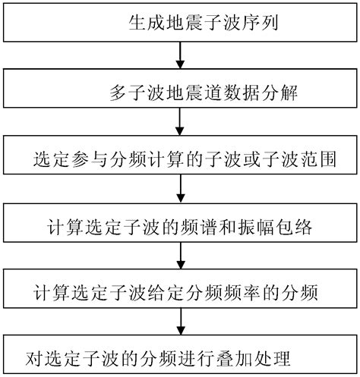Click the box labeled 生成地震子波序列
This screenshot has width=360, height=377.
[x=179, y=22]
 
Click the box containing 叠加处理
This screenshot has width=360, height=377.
[x=179, y=354]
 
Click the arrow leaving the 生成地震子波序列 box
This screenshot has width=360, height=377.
[x=179, y=55]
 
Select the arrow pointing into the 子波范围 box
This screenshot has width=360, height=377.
[x=179, y=122]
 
